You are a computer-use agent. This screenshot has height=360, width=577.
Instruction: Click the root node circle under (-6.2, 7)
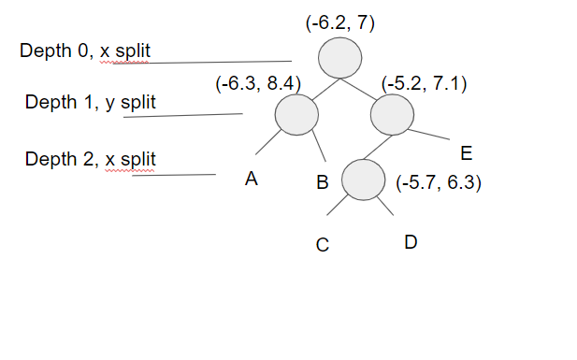339,60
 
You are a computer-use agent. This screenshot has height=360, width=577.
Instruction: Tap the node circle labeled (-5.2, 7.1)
392,116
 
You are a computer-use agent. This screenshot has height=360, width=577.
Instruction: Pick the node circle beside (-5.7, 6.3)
364,180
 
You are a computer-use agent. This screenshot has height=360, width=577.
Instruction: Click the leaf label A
251,180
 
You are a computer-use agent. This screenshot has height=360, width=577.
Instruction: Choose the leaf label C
322,246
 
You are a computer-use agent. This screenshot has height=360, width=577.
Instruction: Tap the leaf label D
411,243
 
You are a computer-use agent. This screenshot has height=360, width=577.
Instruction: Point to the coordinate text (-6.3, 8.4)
258,84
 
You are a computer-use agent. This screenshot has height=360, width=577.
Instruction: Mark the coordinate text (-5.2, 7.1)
425,84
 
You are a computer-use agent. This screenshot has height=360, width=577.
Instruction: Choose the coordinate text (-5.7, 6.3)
439,183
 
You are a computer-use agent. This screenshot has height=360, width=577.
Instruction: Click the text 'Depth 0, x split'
86,50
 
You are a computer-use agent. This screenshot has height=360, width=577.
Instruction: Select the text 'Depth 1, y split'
91,102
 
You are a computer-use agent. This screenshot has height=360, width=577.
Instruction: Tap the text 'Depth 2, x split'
91,159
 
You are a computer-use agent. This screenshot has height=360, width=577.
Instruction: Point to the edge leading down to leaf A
267,142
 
